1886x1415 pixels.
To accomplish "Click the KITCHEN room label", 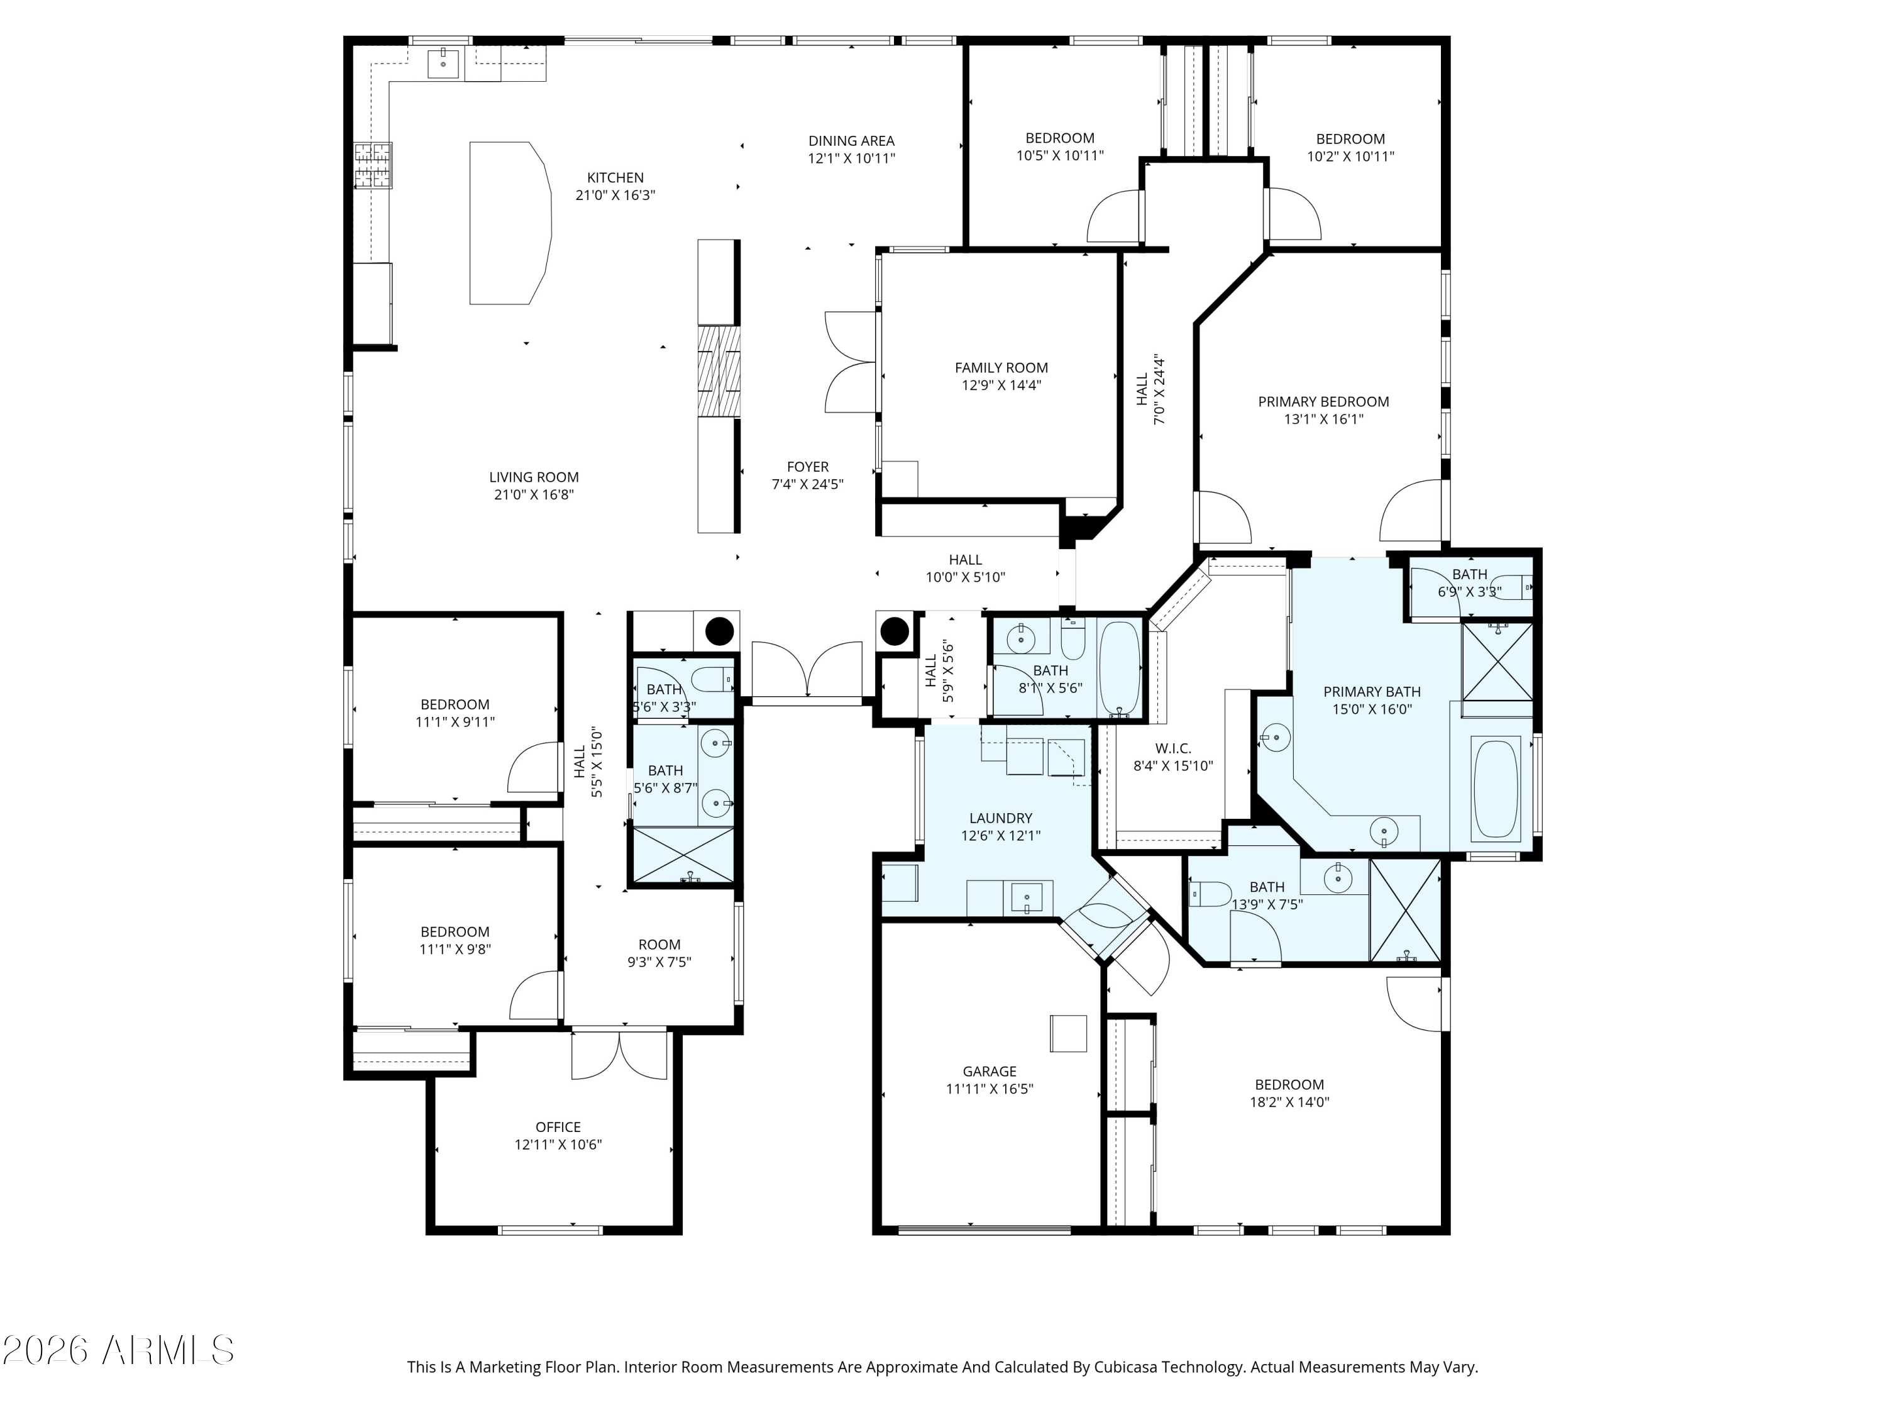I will [615, 177].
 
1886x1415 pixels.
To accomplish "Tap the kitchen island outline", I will [510, 223].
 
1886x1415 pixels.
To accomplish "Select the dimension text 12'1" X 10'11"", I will [851, 158].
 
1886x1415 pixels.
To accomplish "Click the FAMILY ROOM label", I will [1001, 368].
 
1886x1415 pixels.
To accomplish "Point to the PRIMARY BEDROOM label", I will [1323, 402].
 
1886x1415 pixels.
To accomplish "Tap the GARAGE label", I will [989, 1071].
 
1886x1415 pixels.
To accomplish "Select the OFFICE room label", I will [558, 1127].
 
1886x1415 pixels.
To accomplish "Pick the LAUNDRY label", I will [1000, 818].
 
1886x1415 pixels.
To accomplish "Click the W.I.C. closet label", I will [1173, 748].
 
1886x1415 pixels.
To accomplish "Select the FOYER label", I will [807, 467].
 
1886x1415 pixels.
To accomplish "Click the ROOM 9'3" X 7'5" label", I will [659, 944].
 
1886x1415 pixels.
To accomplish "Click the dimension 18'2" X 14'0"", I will [1289, 1101].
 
